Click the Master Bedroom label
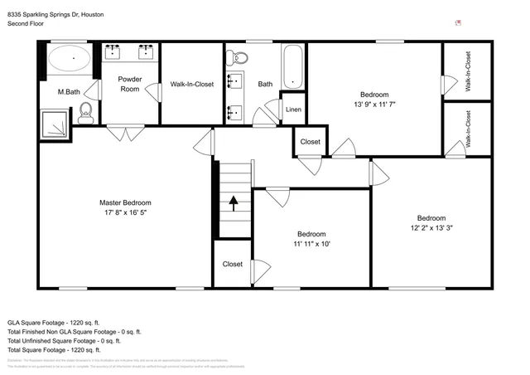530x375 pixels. [x=125, y=202]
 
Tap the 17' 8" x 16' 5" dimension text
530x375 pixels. [x=125, y=212]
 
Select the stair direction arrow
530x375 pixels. [x=234, y=201]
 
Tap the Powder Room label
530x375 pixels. [x=130, y=84]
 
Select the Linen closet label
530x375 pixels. [x=293, y=110]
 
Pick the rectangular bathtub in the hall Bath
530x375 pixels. [x=292, y=66]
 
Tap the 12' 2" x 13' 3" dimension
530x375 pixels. [x=431, y=228]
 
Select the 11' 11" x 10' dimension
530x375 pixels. [x=311, y=245]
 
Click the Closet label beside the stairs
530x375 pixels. [x=233, y=264]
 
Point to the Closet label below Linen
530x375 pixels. [x=310, y=142]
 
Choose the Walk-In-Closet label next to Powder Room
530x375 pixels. [x=192, y=84]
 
